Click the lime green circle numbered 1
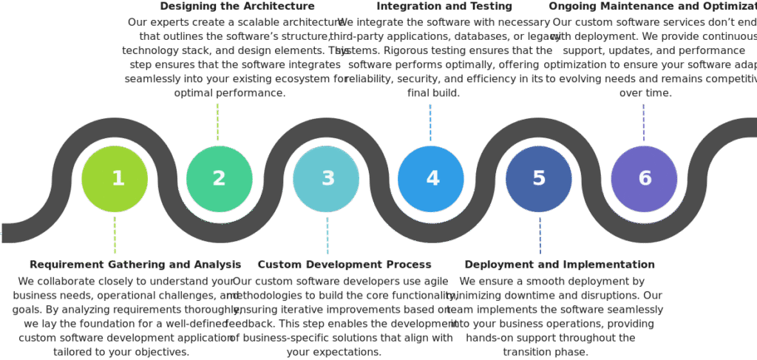tap(115, 178)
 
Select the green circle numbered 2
tap(219, 178)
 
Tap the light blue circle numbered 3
tap(326, 178)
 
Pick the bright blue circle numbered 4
tap(431, 178)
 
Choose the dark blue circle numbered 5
tap(539, 178)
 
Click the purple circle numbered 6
tap(644, 178)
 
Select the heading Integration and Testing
tap(444, 7)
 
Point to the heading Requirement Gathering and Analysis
tap(135, 264)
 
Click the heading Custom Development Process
tap(344, 264)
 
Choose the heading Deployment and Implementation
tap(560, 264)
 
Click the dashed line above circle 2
tap(217, 122)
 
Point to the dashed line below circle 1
tap(115, 235)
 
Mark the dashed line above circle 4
tap(430, 122)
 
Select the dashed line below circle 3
tap(327, 235)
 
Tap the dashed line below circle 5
tap(540, 235)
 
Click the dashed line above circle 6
tap(644, 122)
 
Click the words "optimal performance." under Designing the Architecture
tap(229, 93)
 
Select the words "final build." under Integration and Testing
tap(434, 93)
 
